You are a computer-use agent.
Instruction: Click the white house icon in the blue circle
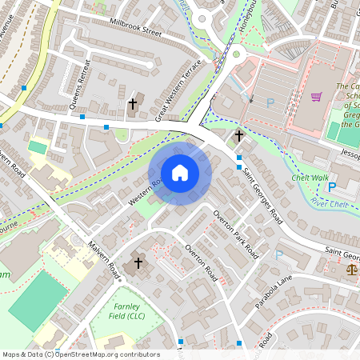pyautogui.click(x=180, y=173)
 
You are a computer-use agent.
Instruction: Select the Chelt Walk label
pyautogui.click(x=310, y=178)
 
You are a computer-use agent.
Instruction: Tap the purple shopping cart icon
pyautogui.click(x=317, y=97)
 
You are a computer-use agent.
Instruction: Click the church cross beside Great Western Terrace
pyautogui.click(x=133, y=104)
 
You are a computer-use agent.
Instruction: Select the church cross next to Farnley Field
pyautogui.click(x=138, y=262)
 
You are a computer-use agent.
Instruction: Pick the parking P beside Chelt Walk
pyautogui.click(x=332, y=187)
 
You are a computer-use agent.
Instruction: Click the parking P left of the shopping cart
pyautogui.click(x=270, y=102)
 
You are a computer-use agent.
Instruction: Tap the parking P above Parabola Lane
pyautogui.click(x=279, y=255)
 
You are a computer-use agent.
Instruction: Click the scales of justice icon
pyautogui.click(x=351, y=270)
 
